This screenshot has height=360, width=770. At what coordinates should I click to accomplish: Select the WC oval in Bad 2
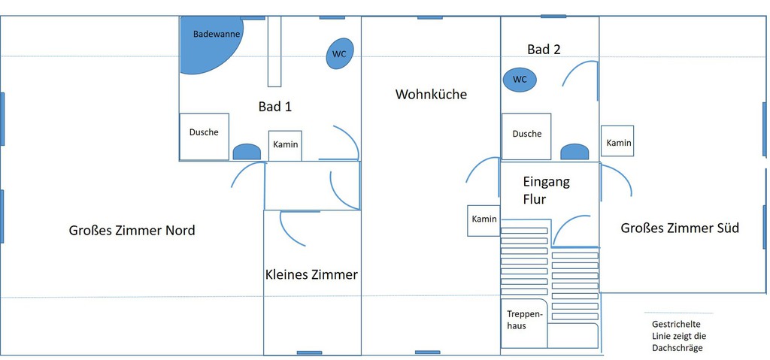point(520,79)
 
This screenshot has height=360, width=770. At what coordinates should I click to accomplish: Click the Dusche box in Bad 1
point(204,137)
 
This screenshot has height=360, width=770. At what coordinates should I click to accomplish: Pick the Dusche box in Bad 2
point(526,136)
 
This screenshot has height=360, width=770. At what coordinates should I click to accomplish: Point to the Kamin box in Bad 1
point(285,145)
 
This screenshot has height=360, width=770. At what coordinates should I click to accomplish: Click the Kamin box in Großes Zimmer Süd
point(618,141)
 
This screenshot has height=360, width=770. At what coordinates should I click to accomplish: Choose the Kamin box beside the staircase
point(484,220)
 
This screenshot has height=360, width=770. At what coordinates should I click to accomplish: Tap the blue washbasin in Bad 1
point(247,153)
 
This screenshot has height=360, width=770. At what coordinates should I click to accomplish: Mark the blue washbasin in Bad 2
point(574,153)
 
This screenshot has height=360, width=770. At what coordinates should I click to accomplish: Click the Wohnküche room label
point(431,95)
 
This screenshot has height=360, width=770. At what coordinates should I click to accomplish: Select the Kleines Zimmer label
point(311,275)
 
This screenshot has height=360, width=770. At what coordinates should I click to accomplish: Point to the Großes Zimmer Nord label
point(132,231)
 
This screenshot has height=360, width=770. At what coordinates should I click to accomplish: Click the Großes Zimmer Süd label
point(680,228)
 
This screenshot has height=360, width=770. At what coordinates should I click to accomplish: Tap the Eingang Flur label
point(546,191)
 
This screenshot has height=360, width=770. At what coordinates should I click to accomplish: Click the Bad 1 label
point(274,107)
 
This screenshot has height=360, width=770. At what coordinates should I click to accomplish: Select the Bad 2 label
point(544,50)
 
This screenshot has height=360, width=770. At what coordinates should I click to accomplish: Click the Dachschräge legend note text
point(679,336)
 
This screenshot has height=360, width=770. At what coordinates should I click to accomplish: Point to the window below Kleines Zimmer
point(309,352)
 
